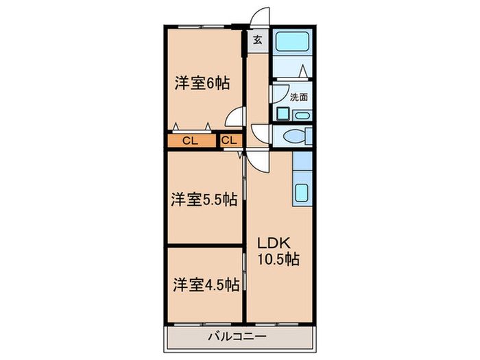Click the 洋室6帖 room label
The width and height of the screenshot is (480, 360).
[201, 84]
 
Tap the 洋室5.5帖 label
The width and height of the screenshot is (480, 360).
[204, 200]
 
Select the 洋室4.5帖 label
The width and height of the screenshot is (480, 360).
[205, 283]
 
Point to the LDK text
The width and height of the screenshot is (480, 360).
[275, 243]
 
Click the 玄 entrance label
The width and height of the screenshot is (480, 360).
[257, 40]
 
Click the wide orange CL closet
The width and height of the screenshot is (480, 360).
[190, 141]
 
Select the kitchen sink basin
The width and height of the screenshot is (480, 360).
[302, 192]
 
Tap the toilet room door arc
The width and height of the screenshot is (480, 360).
[261, 132]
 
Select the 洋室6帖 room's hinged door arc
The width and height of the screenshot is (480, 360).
[236, 117]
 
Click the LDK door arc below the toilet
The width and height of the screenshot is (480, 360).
[258, 161]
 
